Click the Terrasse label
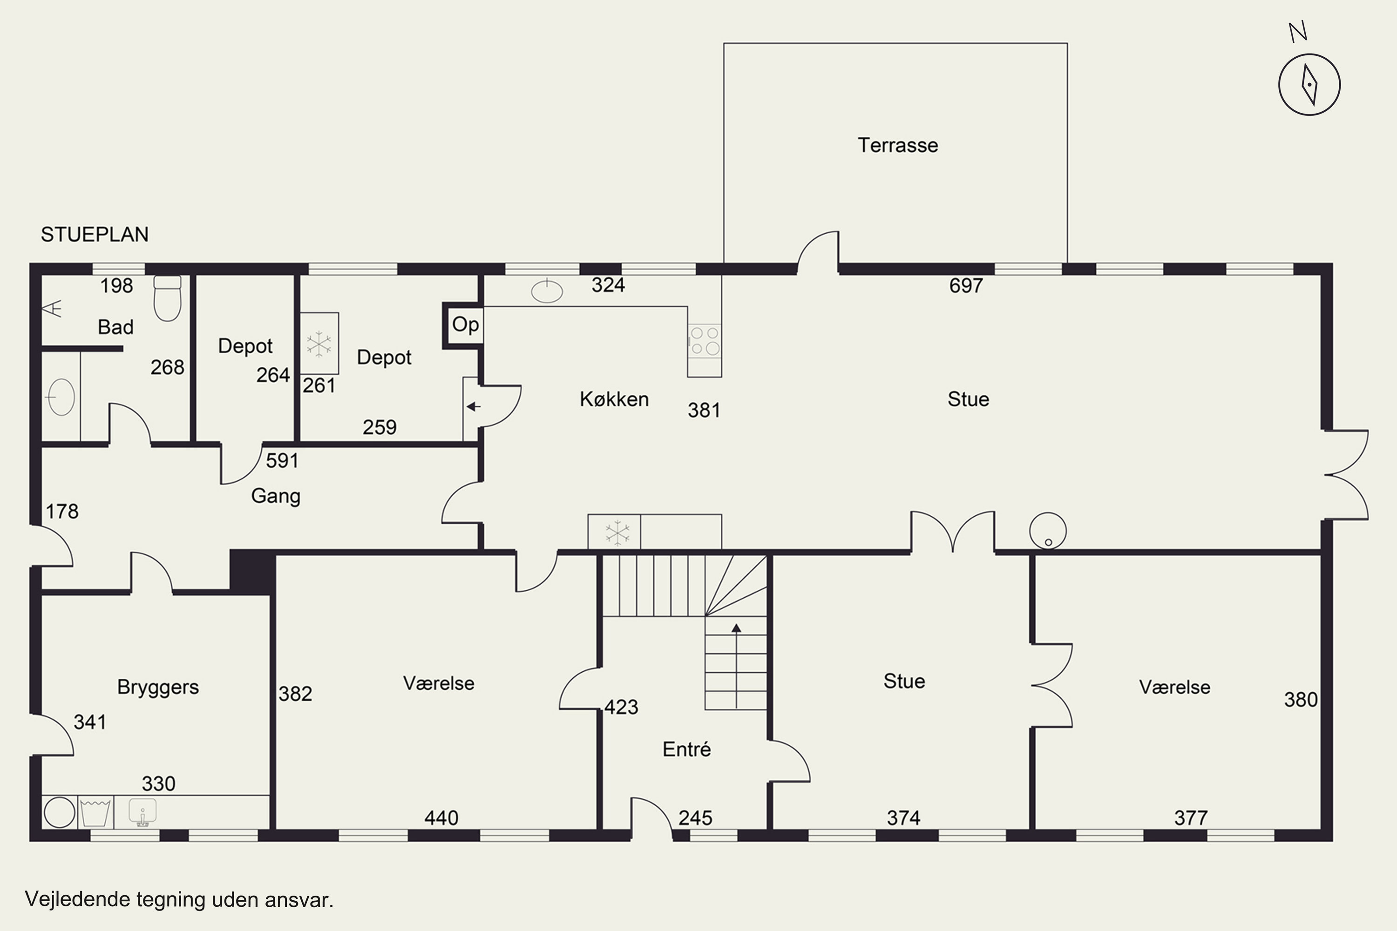pyautogui.click(x=897, y=145)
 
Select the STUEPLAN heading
pyautogui.click(x=95, y=235)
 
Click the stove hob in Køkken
pyautogui.click(x=705, y=341)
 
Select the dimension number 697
pyautogui.click(x=966, y=286)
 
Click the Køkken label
pyautogui.click(x=614, y=399)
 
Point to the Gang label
pyautogui.click(x=276, y=496)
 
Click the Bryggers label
pyautogui.click(x=158, y=687)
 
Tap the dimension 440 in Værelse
pyautogui.click(x=441, y=818)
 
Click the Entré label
pyautogui.click(x=686, y=749)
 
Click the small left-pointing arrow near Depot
pyautogui.click(x=474, y=407)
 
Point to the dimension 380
pyautogui.click(x=1301, y=700)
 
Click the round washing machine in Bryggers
pyautogui.click(x=60, y=812)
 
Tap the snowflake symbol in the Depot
pyautogui.click(x=319, y=344)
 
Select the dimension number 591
pyautogui.click(x=282, y=461)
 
